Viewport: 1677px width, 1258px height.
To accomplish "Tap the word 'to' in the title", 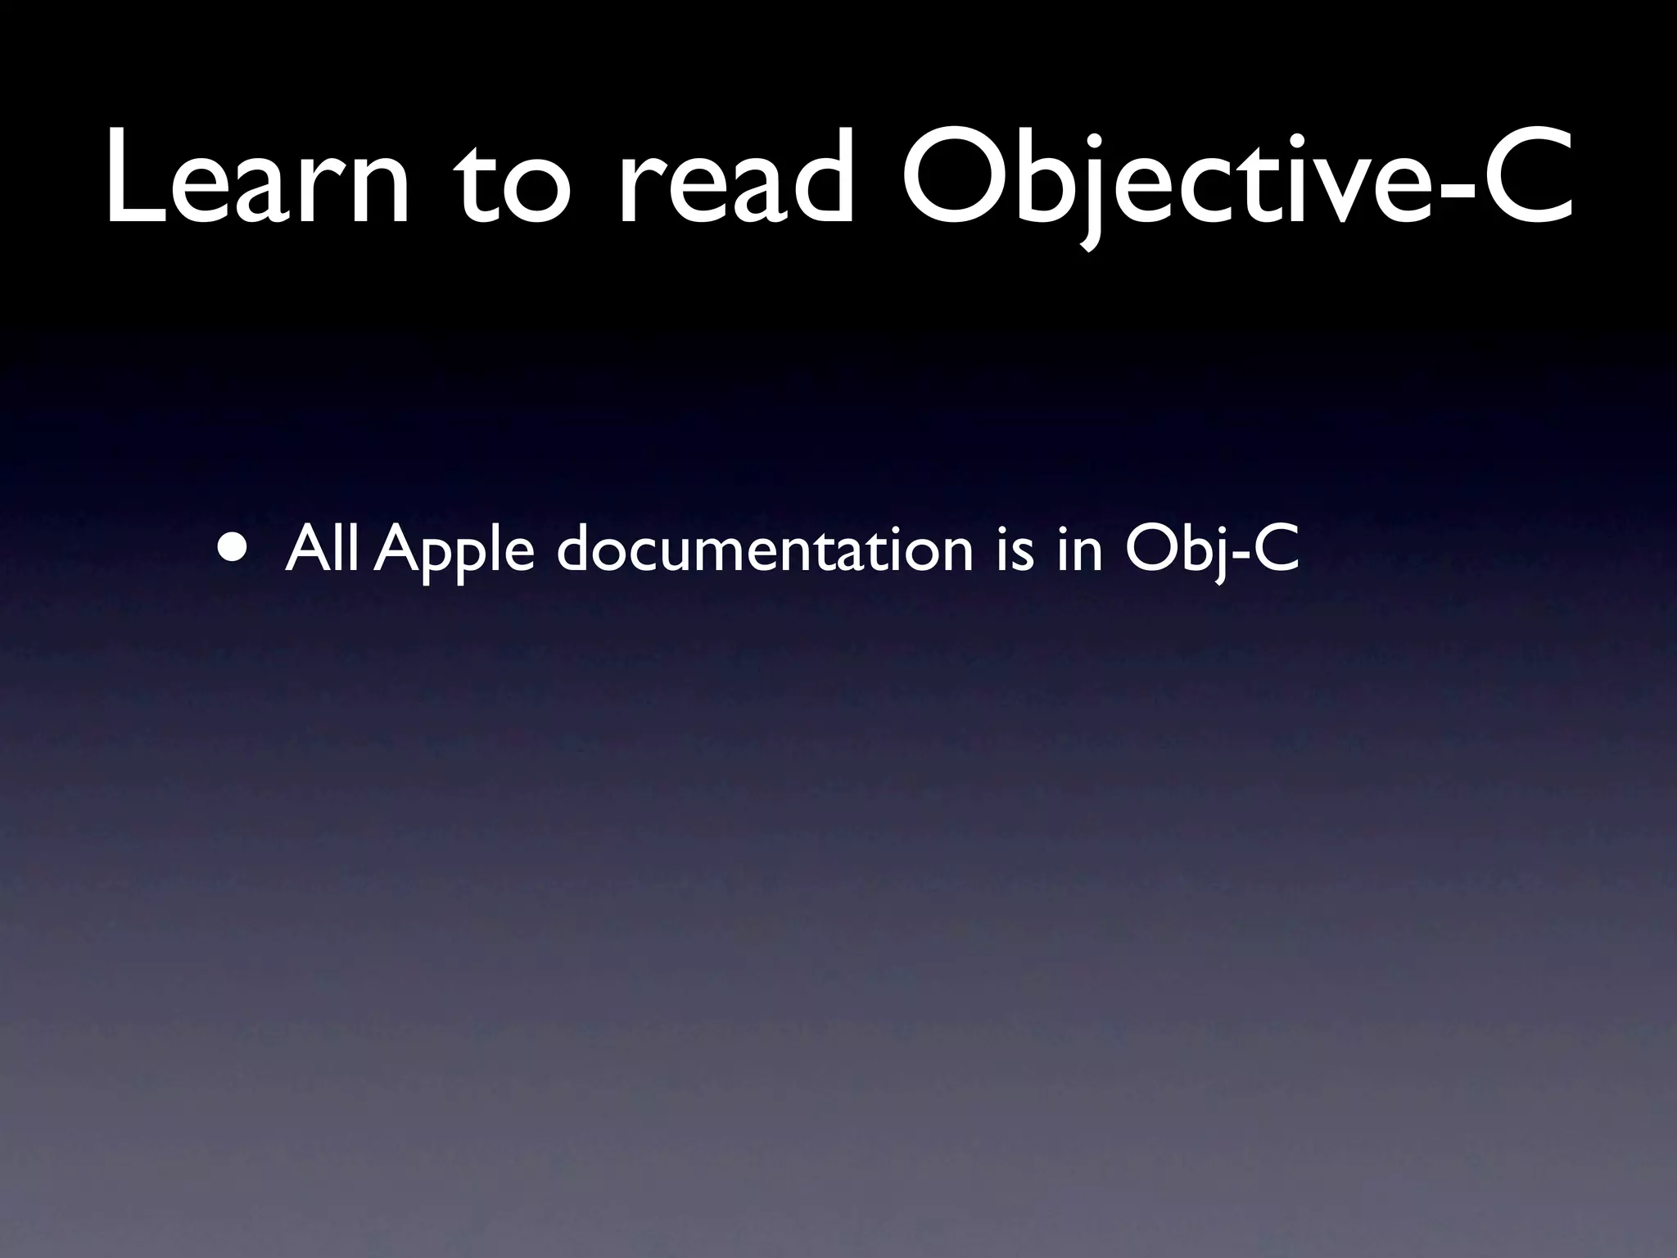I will (512, 184).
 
